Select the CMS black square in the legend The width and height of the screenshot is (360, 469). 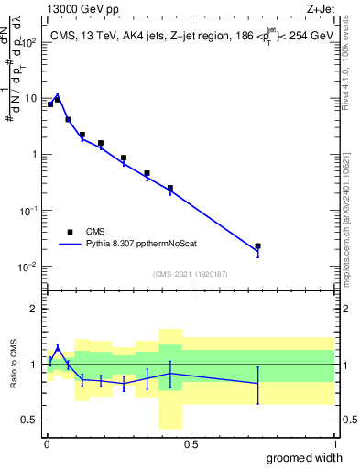(69, 232)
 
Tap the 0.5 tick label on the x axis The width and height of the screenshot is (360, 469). (191, 444)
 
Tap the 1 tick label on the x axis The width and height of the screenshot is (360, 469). (334, 444)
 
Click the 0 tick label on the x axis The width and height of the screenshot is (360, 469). (47, 444)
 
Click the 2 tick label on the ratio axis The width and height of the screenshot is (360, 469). (34, 309)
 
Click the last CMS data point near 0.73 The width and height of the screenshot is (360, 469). (257, 246)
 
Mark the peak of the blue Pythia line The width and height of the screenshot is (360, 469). (58, 94)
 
